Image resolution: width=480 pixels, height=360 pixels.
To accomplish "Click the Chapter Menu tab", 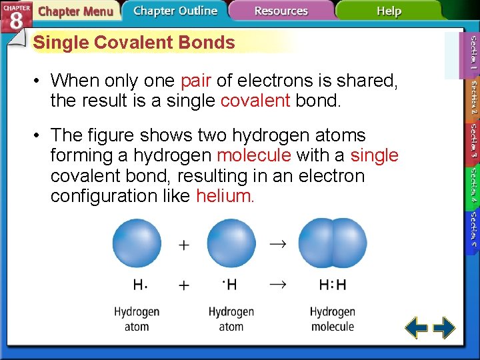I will [75, 11].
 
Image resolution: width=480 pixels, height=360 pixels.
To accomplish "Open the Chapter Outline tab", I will [175, 11].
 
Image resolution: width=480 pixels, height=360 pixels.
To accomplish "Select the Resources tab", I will [281, 11].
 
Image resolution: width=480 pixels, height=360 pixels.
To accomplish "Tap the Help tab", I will [389, 11].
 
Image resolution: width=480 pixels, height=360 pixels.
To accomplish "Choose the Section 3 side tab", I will [473, 141].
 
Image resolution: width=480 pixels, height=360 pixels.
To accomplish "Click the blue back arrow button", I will [417, 328].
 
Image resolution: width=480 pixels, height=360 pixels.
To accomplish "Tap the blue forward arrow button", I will [444, 328].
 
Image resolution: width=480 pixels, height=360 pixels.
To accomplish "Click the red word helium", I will [225, 196].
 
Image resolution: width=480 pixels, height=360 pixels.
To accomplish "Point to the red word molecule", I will [254, 155].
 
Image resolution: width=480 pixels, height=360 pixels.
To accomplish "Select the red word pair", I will [196, 81].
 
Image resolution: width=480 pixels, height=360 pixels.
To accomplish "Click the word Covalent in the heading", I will [128, 43].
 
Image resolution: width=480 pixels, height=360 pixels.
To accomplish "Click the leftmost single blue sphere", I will [137, 243].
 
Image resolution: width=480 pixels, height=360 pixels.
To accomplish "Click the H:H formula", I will [333, 285].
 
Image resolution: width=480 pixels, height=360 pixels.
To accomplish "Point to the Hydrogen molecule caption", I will [332, 319].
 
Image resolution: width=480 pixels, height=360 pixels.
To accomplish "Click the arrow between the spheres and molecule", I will [277, 244].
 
